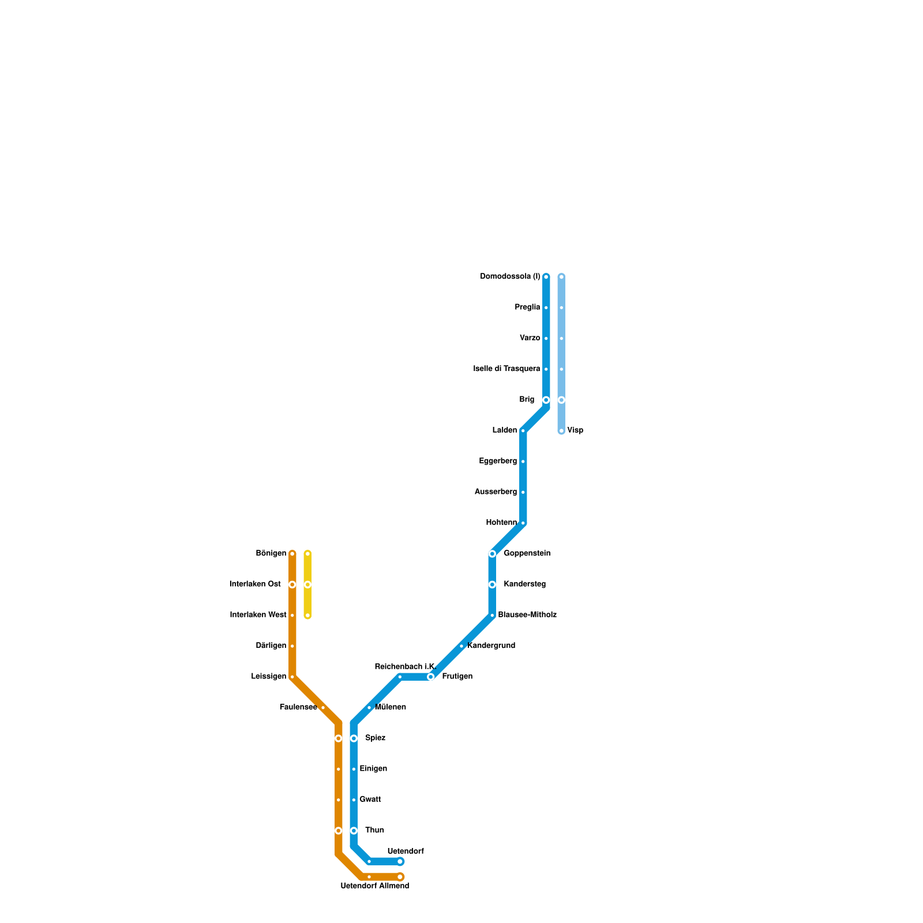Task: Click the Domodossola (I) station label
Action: tap(510, 277)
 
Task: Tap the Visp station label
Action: tap(575, 430)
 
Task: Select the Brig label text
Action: tap(527, 400)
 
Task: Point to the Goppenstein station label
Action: tap(527, 554)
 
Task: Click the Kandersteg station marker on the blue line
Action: tap(492, 584)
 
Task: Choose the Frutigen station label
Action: tap(457, 677)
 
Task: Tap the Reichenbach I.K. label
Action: tap(404, 667)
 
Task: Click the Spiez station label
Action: tap(375, 738)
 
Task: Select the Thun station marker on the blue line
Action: tap(354, 831)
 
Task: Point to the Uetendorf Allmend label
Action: tap(374, 886)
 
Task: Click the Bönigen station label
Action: tap(271, 554)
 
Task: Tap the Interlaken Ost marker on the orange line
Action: tap(292, 584)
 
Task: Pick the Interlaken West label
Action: tap(258, 615)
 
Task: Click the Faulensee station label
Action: tap(298, 707)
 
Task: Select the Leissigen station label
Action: tap(269, 677)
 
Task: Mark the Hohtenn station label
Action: tap(501, 523)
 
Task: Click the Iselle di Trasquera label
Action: tap(506, 369)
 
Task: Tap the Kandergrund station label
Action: tap(491, 646)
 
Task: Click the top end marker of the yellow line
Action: tap(307, 554)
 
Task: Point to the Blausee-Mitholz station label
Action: tap(527, 615)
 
